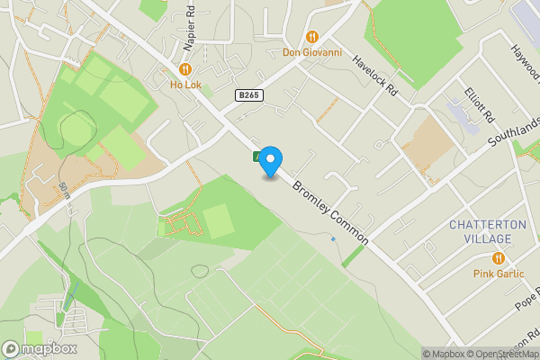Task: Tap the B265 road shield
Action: pyautogui.click(x=250, y=94)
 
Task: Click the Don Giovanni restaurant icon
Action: pyautogui.click(x=312, y=37)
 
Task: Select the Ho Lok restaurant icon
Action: pyautogui.click(x=184, y=69)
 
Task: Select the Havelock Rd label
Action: pyautogui.click(x=374, y=76)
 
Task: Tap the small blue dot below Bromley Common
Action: pyautogui.click(x=333, y=238)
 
